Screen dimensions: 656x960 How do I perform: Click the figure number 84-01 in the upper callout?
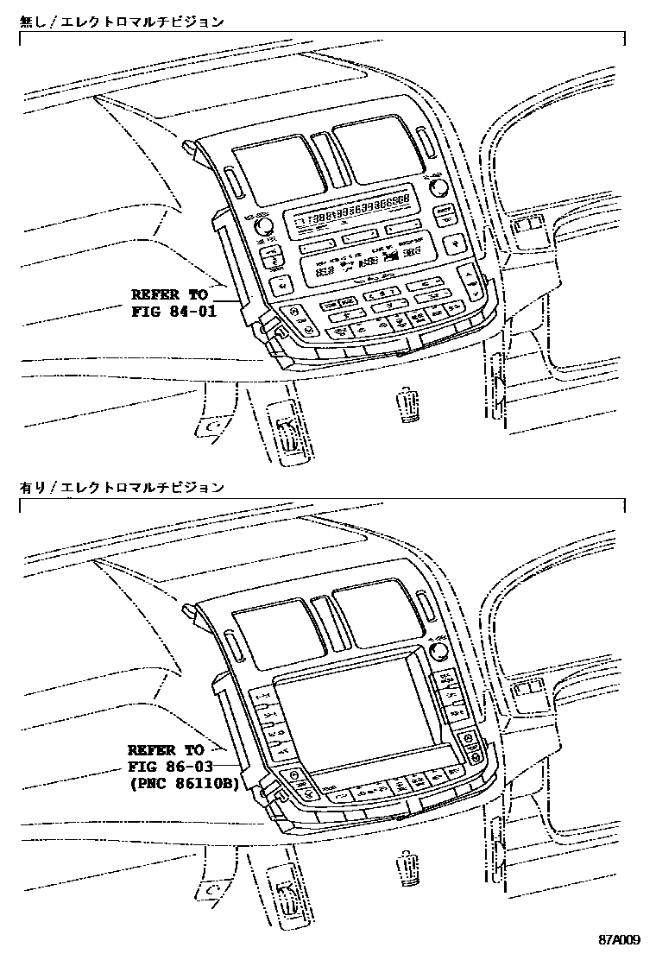pos(191,311)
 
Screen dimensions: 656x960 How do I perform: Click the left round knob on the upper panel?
pos(262,226)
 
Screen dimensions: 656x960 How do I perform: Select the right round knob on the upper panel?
pos(438,187)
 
